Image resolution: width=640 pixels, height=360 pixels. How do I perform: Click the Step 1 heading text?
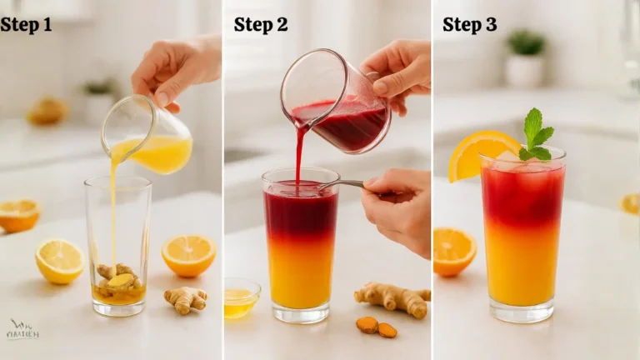point(26,25)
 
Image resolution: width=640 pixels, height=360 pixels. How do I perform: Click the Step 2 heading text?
point(261,25)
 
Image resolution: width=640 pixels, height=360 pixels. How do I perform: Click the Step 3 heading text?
point(469,25)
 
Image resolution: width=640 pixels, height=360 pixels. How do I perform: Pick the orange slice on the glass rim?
point(478,154)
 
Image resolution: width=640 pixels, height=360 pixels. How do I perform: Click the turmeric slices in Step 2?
point(377,327)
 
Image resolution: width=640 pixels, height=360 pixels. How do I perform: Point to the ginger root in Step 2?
point(393,298)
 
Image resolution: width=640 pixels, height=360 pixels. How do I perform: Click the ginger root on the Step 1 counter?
point(186,298)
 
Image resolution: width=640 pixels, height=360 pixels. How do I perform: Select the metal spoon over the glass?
point(342,184)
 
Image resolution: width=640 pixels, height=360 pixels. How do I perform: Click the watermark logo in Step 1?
point(22,330)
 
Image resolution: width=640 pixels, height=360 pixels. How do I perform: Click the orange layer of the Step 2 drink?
point(300,267)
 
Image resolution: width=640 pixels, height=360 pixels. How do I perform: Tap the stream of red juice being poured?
point(298,154)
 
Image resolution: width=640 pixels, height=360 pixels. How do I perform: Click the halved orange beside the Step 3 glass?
point(453,251)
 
